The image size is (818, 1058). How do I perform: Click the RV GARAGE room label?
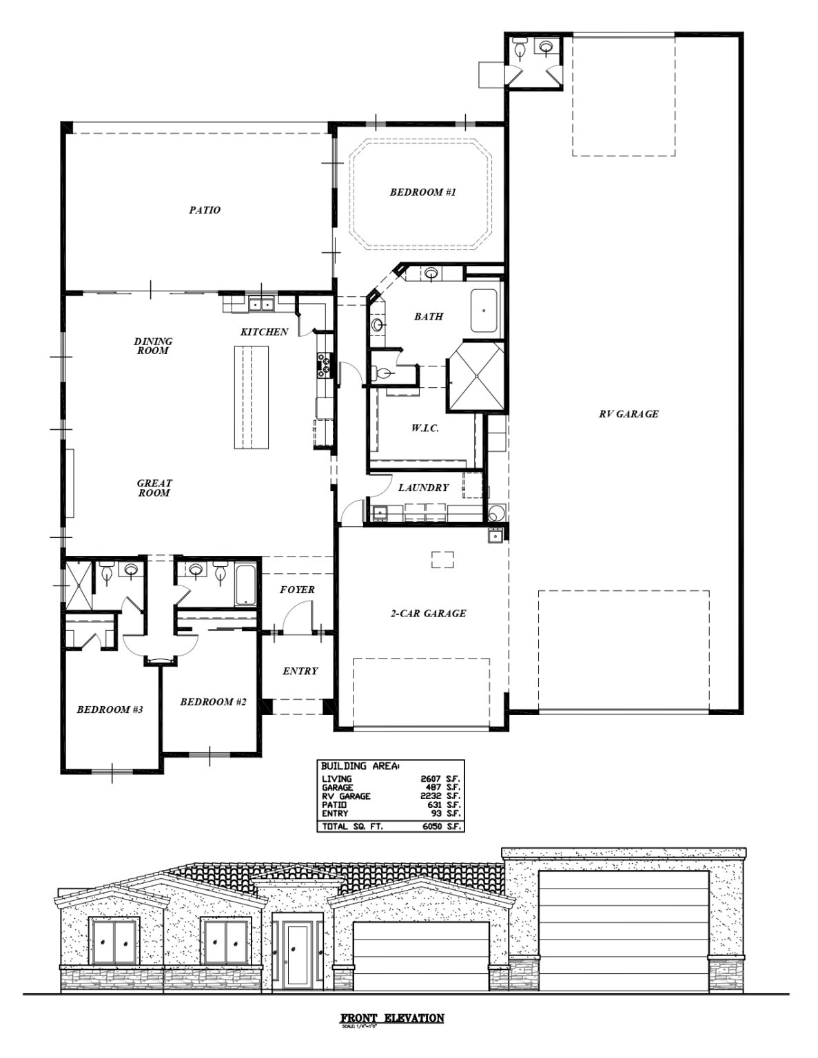click(628, 414)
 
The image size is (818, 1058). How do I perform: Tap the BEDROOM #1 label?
click(422, 192)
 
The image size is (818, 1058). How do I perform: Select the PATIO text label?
click(205, 210)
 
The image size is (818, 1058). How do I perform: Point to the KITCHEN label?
click(264, 332)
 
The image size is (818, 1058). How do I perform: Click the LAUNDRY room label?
click(423, 488)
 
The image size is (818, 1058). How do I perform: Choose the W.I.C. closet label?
click(425, 428)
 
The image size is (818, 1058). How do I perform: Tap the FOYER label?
click(297, 590)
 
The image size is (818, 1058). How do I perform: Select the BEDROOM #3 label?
click(109, 709)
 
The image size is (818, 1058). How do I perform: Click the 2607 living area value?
click(431, 779)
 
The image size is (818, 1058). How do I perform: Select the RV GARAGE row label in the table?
click(346, 796)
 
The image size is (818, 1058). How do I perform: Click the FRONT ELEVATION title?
click(392, 1018)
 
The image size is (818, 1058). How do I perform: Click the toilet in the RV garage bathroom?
click(521, 48)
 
